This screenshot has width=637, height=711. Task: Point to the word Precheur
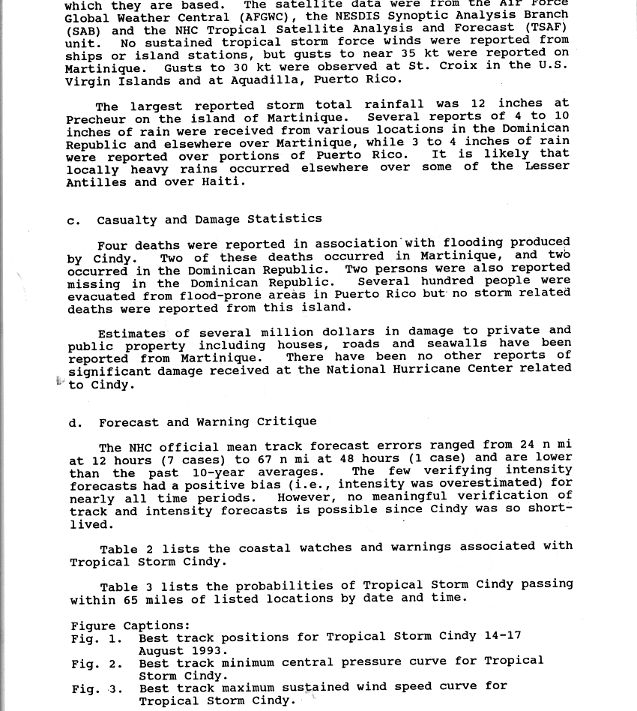(93, 119)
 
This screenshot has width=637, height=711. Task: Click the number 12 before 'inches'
(479, 103)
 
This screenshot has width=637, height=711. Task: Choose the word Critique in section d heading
(287, 422)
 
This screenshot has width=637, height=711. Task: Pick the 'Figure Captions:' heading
(130, 625)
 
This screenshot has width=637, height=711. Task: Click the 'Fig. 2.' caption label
(97, 664)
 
